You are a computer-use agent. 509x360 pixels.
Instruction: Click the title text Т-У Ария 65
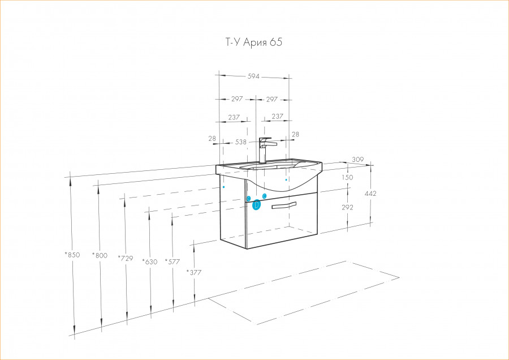tap(254, 42)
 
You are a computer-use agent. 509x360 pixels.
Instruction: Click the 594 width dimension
tap(253, 76)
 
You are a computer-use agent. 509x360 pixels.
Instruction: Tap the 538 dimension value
tap(240, 142)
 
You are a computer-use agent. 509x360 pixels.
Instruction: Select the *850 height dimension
tap(72, 255)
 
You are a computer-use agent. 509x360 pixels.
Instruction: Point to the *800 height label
tap(100, 255)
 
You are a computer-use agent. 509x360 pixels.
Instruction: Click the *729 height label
tap(126, 258)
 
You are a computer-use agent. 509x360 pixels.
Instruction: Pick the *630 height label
tap(150, 262)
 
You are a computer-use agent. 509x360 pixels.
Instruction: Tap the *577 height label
tap(172, 262)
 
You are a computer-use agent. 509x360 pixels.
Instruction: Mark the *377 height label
tap(194, 272)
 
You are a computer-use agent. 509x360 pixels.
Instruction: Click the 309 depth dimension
tap(358, 160)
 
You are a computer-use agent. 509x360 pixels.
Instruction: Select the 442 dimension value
tap(370, 194)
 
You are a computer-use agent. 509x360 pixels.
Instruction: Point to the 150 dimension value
tap(347, 177)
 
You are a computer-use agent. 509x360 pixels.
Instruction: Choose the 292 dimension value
tap(347, 207)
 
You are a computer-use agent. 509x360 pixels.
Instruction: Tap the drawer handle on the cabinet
tap(284, 205)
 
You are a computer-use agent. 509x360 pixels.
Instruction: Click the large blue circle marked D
tap(256, 205)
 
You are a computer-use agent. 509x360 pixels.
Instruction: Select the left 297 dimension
tap(237, 98)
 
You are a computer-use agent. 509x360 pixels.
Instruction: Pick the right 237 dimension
tap(278, 116)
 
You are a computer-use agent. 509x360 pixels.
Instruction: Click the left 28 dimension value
tap(212, 139)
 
